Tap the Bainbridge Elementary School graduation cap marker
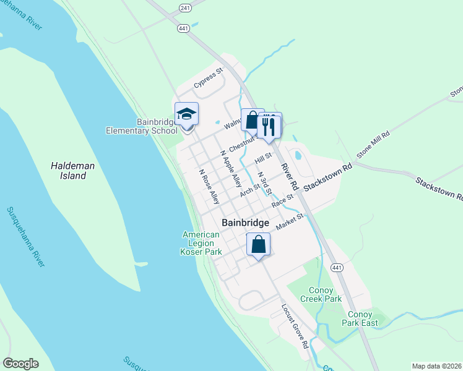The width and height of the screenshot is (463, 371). (x=186, y=115)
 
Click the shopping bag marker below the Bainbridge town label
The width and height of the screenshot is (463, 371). (x=259, y=244)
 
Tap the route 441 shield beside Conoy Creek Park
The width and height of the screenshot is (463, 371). (x=337, y=267)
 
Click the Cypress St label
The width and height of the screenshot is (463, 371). (x=207, y=79)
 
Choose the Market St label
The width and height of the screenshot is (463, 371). (x=290, y=221)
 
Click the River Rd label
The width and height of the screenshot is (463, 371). (x=289, y=176)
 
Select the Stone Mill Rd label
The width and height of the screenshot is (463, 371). (x=373, y=144)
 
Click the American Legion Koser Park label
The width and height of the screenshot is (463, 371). (x=201, y=243)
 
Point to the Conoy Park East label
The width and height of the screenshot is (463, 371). (x=360, y=318)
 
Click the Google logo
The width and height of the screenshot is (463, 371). (x=20, y=364)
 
